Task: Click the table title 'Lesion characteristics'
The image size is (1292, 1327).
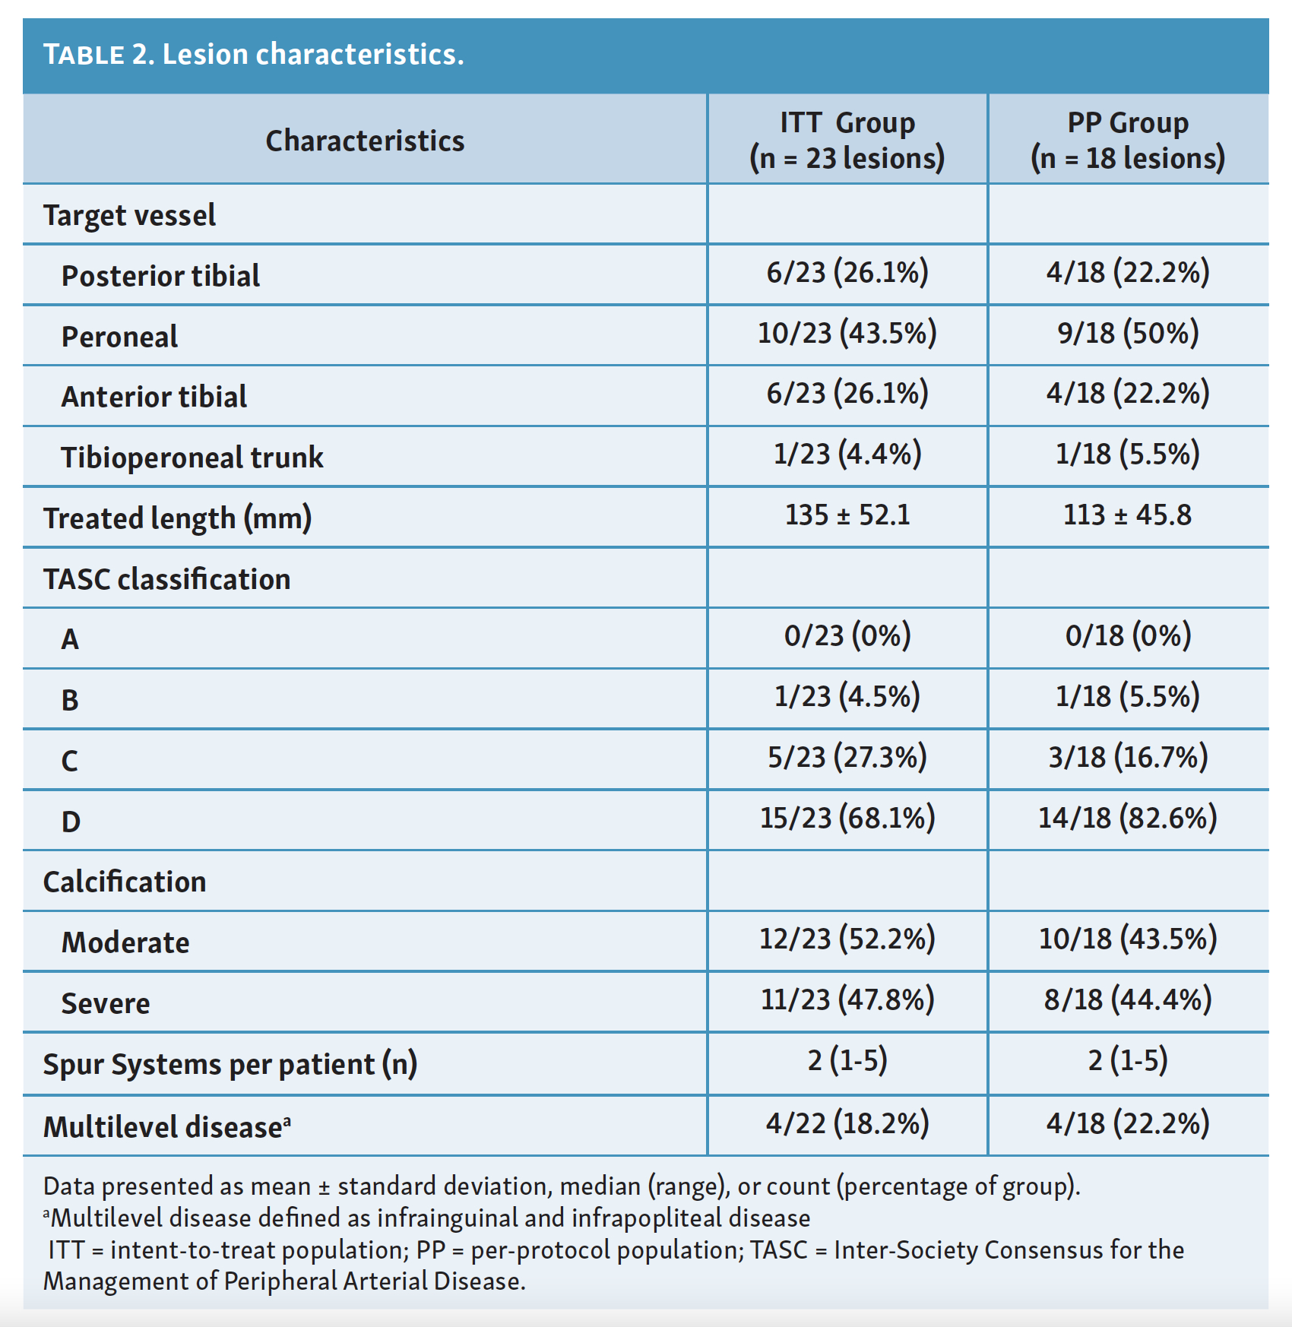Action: click(313, 54)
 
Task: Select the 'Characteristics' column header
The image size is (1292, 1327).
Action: click(365, 141)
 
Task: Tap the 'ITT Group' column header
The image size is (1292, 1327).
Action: click(847, 122)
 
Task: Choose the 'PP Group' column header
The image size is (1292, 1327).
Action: click(1128, 122)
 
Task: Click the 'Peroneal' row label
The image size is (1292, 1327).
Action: click(119, 337)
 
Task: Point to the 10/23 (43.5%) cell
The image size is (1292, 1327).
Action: click(847, 333)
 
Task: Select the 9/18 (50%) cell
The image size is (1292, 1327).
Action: click(1128, 333)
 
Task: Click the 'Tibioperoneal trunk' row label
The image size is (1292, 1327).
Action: click(192, 458)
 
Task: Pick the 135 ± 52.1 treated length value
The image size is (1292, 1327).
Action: click(847, 515)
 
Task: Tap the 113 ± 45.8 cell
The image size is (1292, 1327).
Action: click(1128, 515)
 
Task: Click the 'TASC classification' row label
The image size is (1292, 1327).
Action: click(166, 579)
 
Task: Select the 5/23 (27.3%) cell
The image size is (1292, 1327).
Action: click(847, 757)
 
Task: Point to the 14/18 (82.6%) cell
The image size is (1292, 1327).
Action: click(1128, 818)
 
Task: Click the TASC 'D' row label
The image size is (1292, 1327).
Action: click(71, 822)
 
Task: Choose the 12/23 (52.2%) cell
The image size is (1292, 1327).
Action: click(847, 939)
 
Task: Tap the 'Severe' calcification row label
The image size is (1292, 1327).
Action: click(106, 1003)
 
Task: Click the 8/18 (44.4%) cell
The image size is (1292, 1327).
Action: click(1128, 999)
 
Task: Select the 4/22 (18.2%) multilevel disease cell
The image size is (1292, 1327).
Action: click(847, 1123)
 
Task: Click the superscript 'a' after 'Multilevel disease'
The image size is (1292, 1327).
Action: click(287, 1120)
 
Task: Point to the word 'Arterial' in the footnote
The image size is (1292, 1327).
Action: click(386, 1281)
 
